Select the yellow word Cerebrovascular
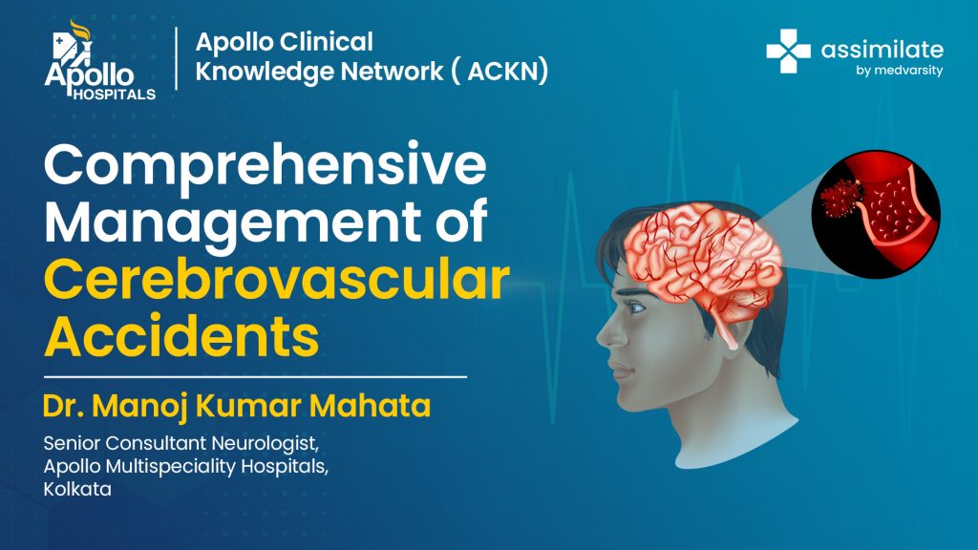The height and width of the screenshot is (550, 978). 277,280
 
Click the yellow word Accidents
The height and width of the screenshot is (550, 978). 181,336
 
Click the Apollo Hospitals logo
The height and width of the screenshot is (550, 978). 99,60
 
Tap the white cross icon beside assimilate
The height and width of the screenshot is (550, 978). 788,52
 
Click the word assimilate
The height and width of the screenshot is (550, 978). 882,50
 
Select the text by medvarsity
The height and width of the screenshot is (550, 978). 900,71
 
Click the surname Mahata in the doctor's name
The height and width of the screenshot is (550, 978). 370,406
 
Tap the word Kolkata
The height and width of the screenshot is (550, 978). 77,489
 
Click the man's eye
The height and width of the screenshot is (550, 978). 635,307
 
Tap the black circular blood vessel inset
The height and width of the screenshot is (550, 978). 876,214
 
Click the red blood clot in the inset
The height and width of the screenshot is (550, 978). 840,197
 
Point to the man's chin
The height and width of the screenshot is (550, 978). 632,404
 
